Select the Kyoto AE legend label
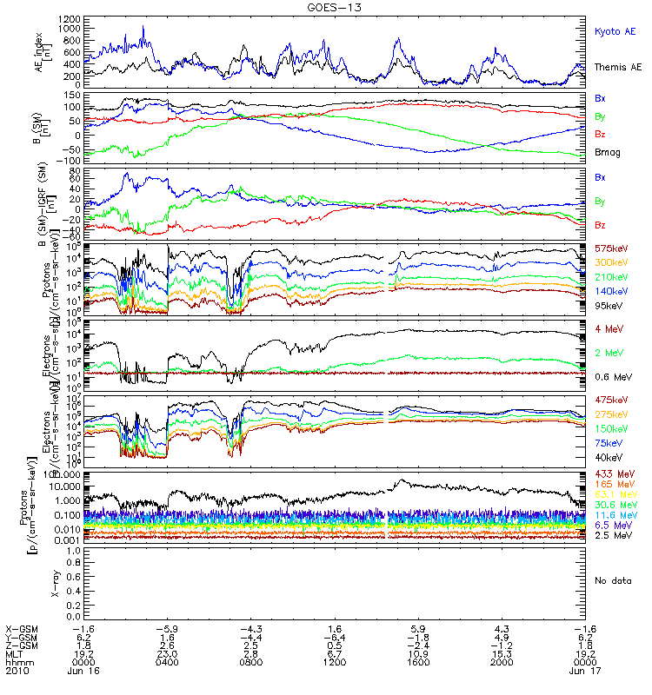(x=615, y=31)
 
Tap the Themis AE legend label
(x=616, y=67)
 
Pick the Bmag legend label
(x=609, y=153)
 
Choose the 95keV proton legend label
(x=605, y=305)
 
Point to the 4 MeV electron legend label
(x=608, y=328)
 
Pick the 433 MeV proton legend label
(x=611, y=473)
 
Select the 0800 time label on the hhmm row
(x=250, y=662)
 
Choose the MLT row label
(x=15, y=653)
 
